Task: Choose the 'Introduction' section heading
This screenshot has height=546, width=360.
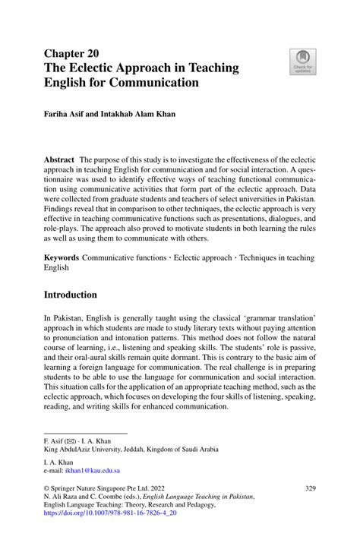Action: (x=70, y=294)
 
